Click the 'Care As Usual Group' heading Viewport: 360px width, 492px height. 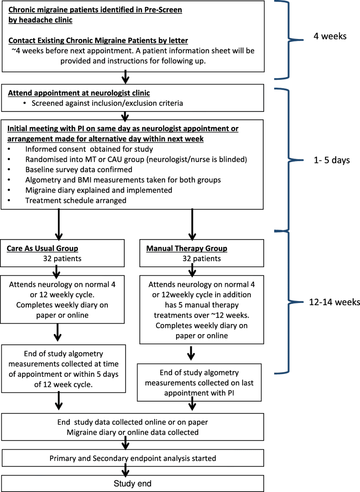[42, 249]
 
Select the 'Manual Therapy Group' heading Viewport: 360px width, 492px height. [186, 249]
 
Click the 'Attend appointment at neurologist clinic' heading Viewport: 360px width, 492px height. [79, 93]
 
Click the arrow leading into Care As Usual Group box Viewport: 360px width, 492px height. [58, 223]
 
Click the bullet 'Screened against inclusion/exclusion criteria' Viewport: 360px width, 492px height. [107, 103]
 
